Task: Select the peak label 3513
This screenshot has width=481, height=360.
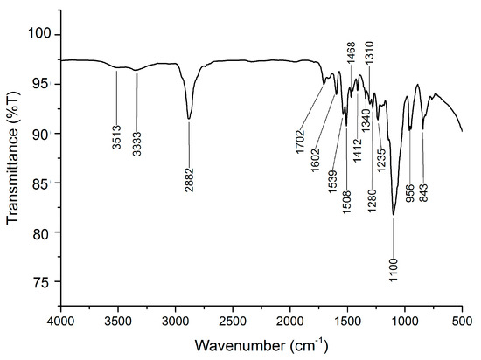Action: pos(117,138)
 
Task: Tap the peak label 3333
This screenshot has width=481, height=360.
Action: pos(136,138)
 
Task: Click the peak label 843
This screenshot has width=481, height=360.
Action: pos(423,190)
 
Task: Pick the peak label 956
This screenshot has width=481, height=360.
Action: pos(410,190)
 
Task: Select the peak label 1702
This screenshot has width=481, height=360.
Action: pos(302,139)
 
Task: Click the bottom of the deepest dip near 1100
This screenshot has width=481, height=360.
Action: pos(394,214)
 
